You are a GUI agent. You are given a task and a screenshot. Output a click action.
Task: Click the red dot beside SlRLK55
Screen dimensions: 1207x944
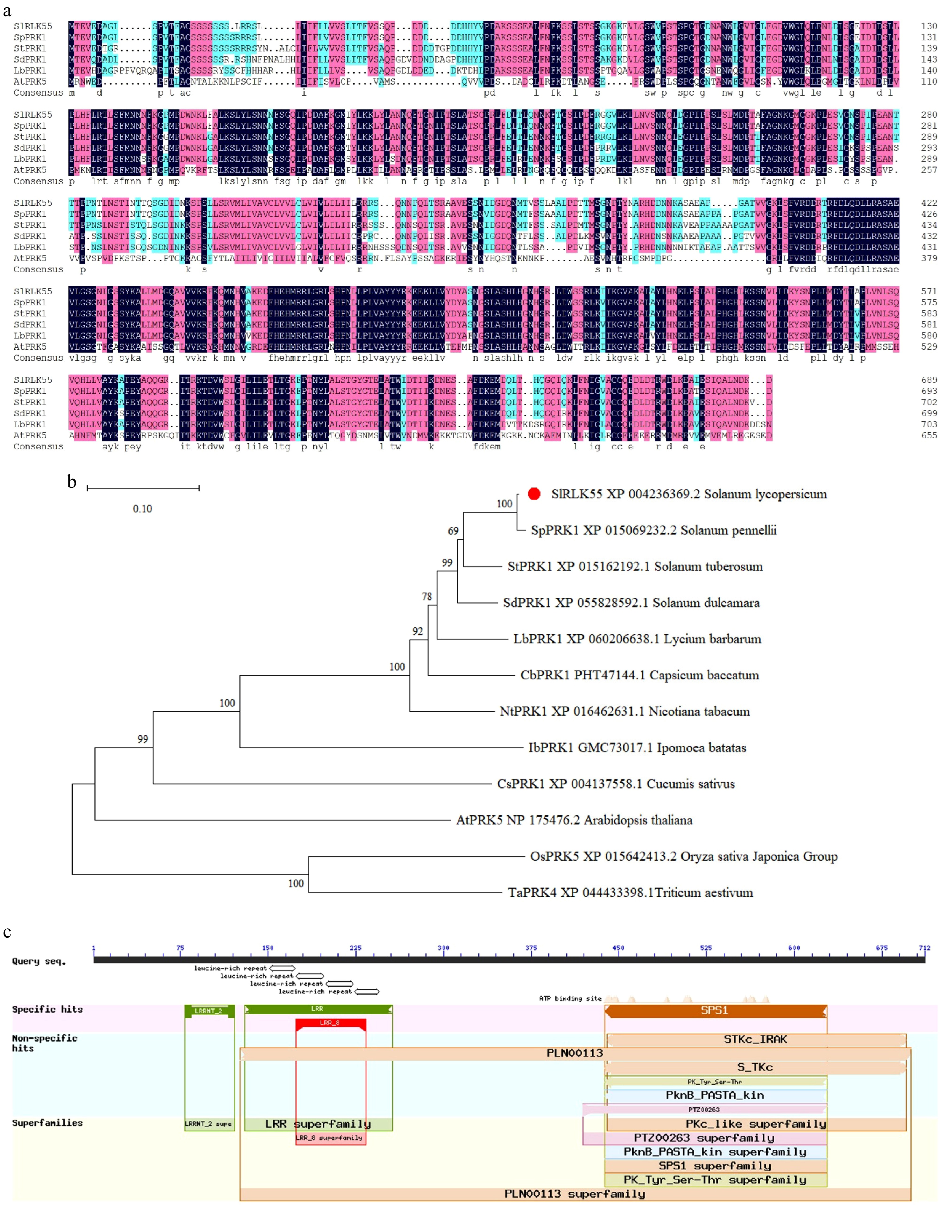534,494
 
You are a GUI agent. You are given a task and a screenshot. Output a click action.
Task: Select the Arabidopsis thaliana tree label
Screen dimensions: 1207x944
574,820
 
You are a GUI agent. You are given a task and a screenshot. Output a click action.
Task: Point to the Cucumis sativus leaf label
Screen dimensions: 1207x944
616,784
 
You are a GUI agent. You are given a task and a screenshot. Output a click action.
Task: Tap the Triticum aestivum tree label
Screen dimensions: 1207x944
630,892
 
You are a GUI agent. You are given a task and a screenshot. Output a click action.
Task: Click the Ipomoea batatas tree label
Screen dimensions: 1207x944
637,748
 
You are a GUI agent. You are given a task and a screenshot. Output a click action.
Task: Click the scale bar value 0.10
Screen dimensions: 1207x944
142,508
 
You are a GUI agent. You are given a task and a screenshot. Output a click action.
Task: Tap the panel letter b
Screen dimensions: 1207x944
72,482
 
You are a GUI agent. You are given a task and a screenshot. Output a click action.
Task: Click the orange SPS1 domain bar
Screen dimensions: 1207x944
715,1011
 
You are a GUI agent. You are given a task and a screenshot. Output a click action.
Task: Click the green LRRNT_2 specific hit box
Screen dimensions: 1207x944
209,1011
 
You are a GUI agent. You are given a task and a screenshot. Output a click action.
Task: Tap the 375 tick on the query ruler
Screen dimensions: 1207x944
531,948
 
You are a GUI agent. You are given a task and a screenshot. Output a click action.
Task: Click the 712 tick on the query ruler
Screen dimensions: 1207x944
924,948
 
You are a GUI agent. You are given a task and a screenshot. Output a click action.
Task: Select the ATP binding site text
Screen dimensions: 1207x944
570,999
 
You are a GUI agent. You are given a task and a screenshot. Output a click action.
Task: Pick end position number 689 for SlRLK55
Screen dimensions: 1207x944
929,380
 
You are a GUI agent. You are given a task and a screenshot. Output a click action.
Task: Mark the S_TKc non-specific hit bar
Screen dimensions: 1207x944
755,1067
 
